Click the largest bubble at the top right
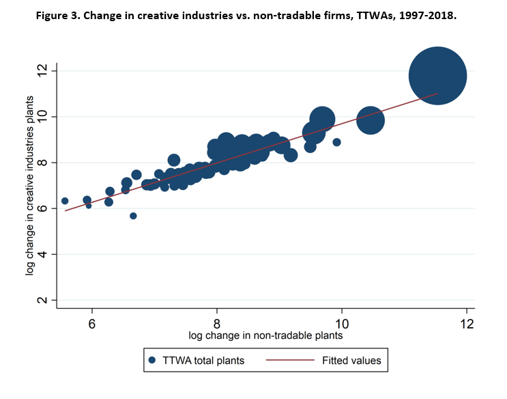pos(437,76)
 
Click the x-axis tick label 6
pos(92,323)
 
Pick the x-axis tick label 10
pos(342,323)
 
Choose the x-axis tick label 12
pos(467,323)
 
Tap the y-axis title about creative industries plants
pos(30,187)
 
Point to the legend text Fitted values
pos(351,359)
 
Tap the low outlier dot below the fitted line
pos(133,216)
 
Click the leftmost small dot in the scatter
pos(65,201)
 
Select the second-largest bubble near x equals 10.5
pos(370,120)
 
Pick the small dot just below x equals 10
pos(336,142)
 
